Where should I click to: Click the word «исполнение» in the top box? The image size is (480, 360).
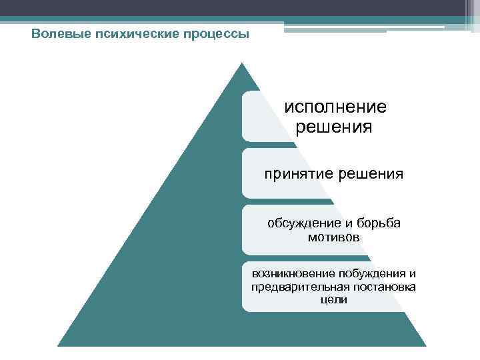[335, 107]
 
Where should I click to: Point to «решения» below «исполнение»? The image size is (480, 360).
[335, 127]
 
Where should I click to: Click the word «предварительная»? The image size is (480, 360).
[301, 287]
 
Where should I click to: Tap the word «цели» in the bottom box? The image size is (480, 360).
[334, 300]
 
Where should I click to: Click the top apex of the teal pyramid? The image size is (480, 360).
[241, 63]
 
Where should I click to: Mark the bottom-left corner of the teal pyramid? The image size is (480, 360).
[59, 345]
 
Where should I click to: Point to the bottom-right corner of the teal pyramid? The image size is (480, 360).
[425, 345]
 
